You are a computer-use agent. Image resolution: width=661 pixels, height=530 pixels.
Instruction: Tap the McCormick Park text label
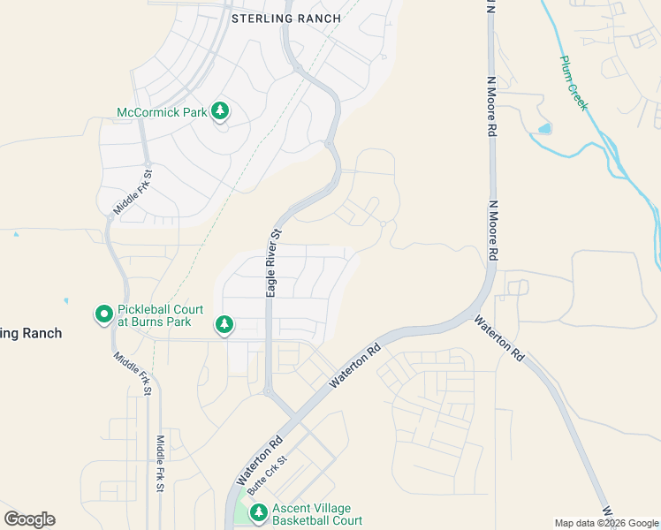162,112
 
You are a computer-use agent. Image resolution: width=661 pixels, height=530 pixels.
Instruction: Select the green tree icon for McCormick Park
220,111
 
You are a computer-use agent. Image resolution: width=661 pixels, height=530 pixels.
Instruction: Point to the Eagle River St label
274,262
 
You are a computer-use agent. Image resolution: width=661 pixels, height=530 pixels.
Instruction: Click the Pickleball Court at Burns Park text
160,315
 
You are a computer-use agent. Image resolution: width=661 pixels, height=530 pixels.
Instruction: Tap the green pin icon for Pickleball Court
103,314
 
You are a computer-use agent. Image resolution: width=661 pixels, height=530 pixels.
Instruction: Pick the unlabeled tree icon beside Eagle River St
224,325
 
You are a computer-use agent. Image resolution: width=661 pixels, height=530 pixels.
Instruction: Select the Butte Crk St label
267,475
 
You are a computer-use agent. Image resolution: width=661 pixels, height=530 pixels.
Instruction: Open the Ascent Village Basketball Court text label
316,514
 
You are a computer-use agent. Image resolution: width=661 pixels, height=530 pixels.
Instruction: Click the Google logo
29,519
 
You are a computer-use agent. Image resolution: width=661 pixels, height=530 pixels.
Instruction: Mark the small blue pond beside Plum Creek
543,129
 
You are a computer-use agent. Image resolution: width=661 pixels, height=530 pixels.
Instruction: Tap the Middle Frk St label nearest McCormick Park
133,193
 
